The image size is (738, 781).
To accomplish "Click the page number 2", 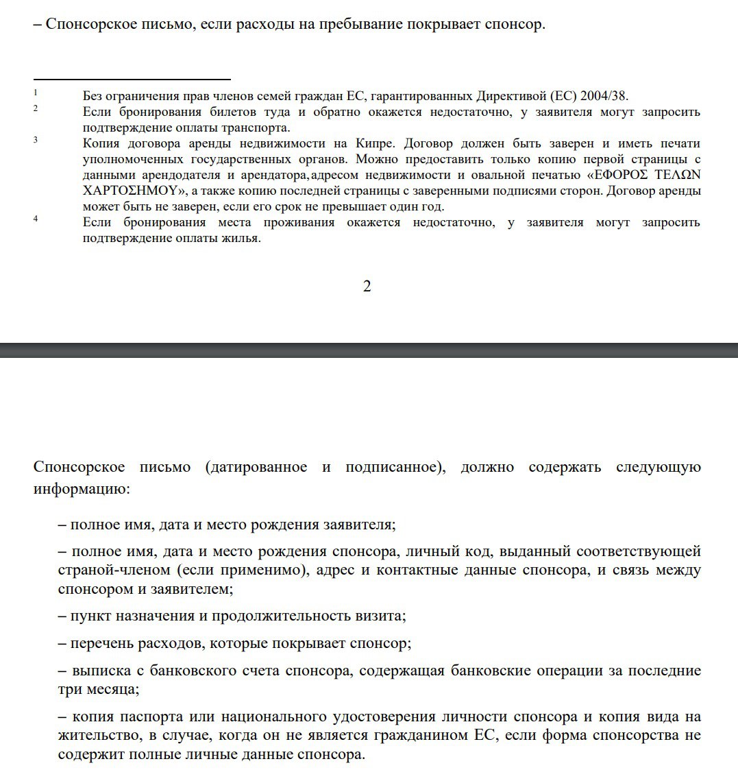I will [x=367, y=287].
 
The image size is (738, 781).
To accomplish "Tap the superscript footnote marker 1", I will [x=36, y=92].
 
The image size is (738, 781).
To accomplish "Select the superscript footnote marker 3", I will [x=36, y=140].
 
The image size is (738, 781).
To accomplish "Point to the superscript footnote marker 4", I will [x=36, y=219].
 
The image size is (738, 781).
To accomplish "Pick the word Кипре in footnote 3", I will [x=373, y=143].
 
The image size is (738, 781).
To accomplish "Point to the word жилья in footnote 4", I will [x=244, y=239].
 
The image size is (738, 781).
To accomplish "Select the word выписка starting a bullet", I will [x=97, y=671].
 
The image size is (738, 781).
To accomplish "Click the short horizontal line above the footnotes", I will [x=132, y=80].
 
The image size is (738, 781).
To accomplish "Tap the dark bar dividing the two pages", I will [x=369, y=350].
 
